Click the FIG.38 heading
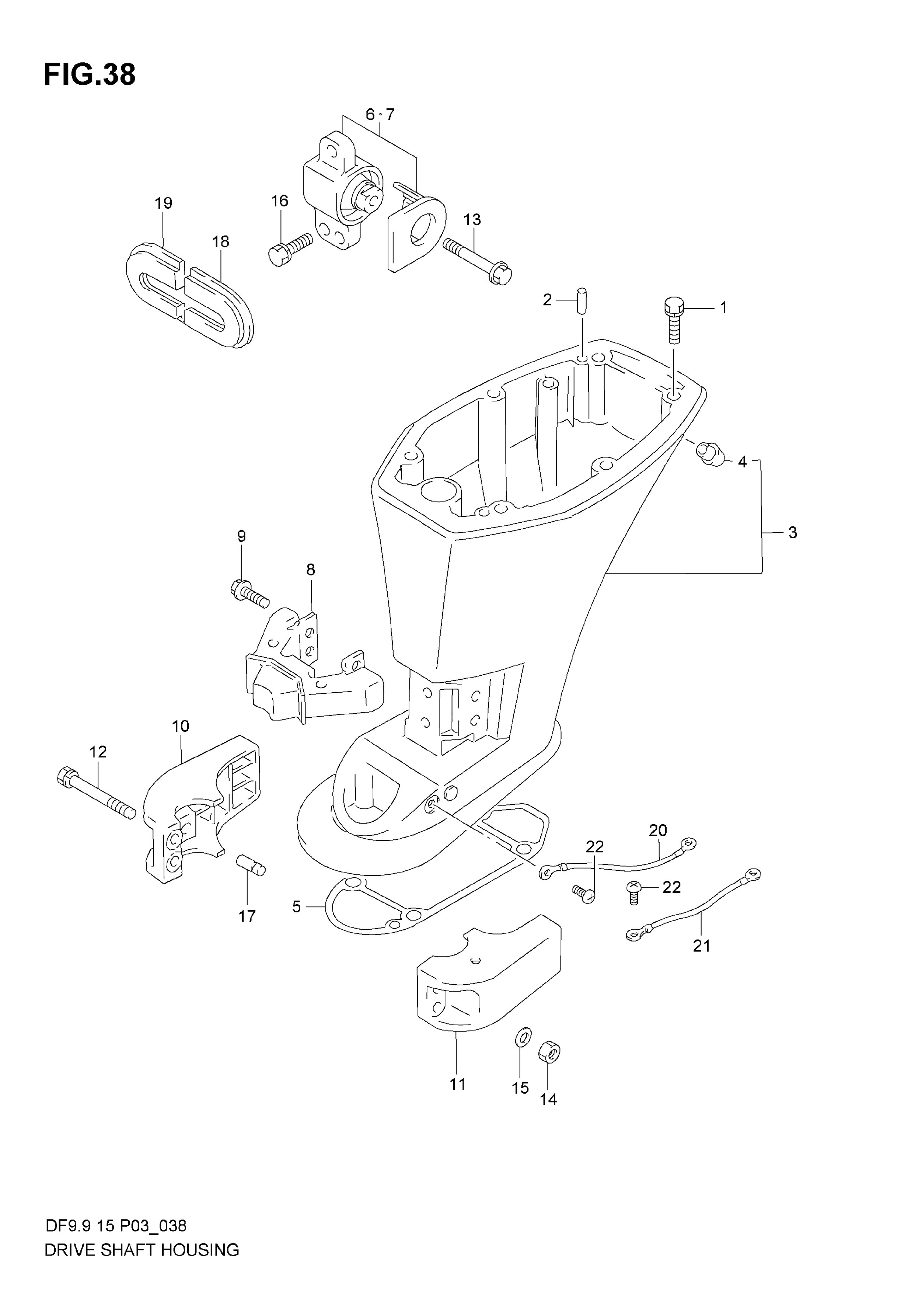(x=90, y=75)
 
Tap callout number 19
(x=164, y=203)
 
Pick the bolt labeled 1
(x=674, y=321)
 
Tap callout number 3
(x=793, y=532)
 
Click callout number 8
(x=311, y=570)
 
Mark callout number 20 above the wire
(x=658, y=830)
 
